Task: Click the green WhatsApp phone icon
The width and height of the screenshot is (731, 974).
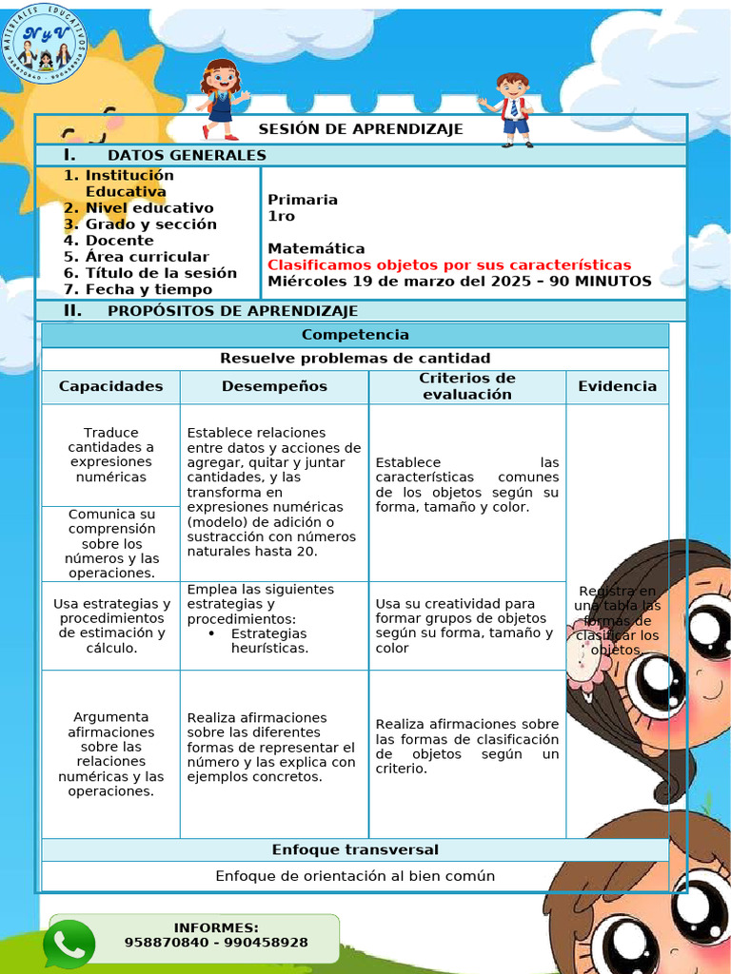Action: point(69,944)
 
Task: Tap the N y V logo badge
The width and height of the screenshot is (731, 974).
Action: point(46,41)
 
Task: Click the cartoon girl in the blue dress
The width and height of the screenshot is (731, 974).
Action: point(222,99)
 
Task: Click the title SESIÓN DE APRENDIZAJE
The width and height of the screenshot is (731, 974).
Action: point(361,128)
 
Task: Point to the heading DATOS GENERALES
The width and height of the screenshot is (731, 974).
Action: point(187,155)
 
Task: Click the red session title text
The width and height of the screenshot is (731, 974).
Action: point(449,264)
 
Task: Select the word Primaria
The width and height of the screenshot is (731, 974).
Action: point(303,200)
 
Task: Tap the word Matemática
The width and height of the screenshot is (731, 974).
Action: point(316,248)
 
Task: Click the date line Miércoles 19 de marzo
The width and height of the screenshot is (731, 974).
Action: point(459,281)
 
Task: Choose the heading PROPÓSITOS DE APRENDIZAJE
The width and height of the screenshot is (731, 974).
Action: point(232,311)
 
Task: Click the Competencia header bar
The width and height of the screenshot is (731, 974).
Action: point(355,335)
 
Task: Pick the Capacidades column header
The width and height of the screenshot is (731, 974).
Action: point(110,386)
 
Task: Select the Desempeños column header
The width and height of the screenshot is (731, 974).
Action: point(274,386)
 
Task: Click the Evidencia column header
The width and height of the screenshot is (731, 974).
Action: point(617,386)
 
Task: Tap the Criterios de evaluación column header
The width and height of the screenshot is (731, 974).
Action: point(466,386)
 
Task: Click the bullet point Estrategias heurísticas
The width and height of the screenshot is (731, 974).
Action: point(268,640)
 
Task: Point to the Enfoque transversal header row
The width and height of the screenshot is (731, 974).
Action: point(355,849)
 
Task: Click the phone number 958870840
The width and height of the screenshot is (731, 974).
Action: point(166,942)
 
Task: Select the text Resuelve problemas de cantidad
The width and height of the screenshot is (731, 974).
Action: point(355,359)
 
